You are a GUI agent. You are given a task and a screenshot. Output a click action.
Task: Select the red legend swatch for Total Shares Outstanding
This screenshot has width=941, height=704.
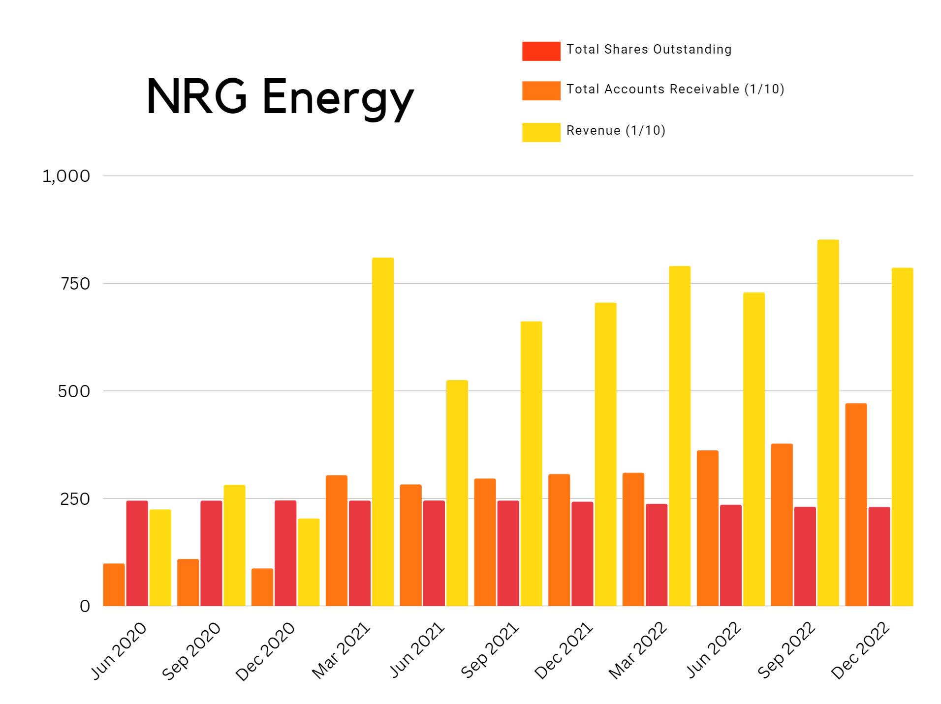[x=540, y=51]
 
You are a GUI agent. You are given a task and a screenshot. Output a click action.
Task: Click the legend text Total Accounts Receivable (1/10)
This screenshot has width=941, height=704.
[x=675, y=89]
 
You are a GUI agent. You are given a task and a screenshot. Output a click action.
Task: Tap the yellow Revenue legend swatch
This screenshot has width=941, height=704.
[x=540, y=132]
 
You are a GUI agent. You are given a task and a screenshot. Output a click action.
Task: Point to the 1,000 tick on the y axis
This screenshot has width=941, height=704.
[x=66, y=176]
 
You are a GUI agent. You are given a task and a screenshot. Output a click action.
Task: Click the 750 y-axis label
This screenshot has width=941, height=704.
[x=75, y=284]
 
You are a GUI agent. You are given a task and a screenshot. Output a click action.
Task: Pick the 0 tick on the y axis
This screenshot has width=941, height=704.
[x=85, y=606]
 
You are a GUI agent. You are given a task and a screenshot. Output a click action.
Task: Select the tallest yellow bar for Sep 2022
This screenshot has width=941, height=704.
[x=827, y=423]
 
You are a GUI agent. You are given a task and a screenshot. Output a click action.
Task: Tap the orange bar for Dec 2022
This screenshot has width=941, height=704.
[x=855, y=504]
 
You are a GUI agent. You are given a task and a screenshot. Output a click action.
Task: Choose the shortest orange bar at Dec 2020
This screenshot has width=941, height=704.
[x=262, y=587]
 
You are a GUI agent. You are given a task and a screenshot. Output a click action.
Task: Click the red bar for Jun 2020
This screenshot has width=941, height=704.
[x=137, y=553]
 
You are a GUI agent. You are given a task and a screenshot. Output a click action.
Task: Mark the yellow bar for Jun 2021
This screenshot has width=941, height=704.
[x=457, y=493]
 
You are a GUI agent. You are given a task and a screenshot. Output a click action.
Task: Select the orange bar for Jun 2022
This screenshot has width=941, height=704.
[x=707, y=528]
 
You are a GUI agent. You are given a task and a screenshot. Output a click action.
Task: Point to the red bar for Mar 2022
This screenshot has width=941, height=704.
[x=656, y=555]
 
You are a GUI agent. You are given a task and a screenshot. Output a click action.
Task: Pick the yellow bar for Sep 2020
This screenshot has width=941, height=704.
[x=234, y=545]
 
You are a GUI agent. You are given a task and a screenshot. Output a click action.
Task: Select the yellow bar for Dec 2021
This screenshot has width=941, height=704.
[x=605, y=454]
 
